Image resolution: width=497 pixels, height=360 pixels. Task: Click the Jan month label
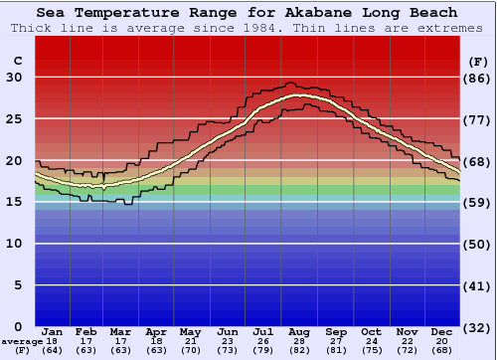click(x=54, y=331)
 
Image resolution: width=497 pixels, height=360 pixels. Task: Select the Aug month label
click(x=299, y=331)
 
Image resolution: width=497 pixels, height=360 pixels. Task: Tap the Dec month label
click(x=441, y=331)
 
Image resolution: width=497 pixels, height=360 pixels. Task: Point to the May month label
click(x=189, y=331)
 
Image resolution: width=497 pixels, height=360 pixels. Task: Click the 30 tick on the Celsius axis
click(x=13, y=78)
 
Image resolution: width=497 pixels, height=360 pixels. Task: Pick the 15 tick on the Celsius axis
click(x=13, y=202)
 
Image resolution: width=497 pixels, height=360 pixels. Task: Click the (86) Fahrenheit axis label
click(x=478, y=78)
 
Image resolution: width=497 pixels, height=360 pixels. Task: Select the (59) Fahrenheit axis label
click(x=478, y=202)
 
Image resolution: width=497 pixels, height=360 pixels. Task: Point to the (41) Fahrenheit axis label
click(x=478, y=285)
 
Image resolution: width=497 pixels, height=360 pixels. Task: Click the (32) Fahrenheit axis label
click(x=478, y=327)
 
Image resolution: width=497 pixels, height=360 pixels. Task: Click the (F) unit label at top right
click(x=478, y=61)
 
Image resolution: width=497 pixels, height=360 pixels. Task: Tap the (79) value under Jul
click(x=263, y=350)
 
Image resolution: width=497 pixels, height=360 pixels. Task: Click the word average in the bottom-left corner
click(x=21, y=341)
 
